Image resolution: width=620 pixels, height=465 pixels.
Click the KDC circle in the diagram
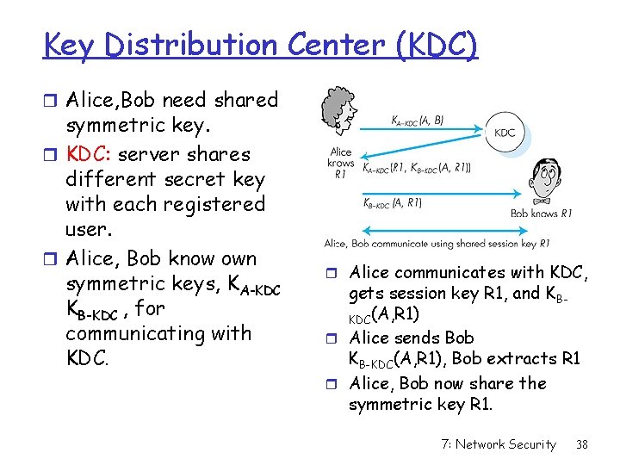pos(505,132)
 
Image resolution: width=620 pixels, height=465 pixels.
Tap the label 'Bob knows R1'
pos(541,213)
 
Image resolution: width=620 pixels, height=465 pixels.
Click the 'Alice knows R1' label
pos(341,163)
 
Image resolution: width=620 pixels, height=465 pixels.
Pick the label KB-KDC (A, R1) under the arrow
pos(392,204)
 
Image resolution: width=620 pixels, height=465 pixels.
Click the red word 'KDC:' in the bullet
pos(89,155)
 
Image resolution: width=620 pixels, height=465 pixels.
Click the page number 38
pos(582,444)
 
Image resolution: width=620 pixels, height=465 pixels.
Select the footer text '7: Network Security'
pos(499,444)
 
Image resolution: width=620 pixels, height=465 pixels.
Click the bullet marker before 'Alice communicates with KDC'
pos(335,274)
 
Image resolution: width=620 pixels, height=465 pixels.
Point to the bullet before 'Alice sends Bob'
pos(335,338)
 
